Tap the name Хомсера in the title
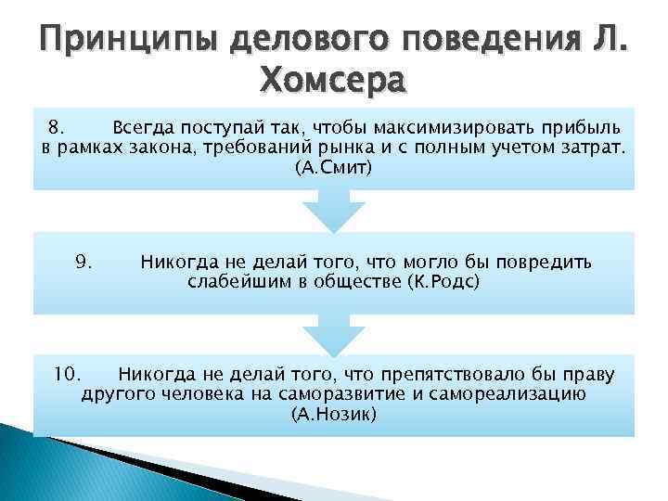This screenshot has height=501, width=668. (x=334, y=83)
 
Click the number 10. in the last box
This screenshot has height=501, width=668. (x=68, y=375)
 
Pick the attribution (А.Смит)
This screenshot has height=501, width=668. (x=333, y=169)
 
